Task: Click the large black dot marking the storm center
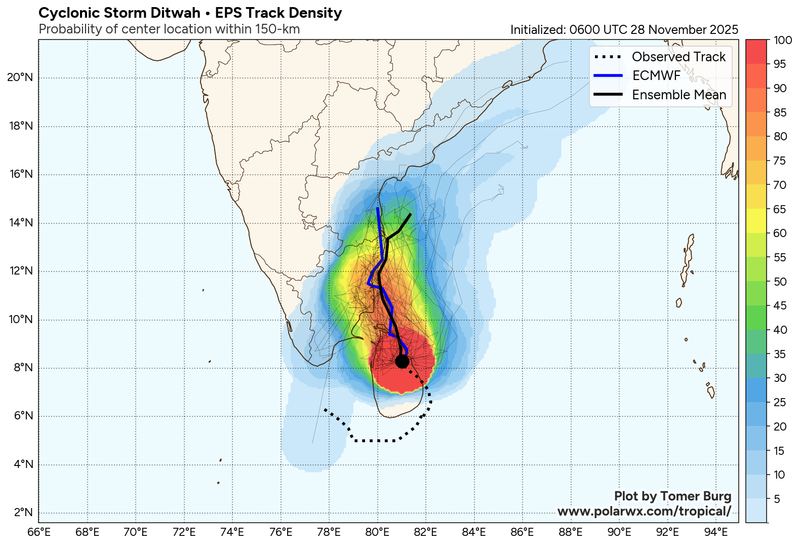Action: point(402,361)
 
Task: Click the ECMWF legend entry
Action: point(656,76)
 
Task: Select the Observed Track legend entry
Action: point(678,57)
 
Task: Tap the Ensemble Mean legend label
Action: point(679,95)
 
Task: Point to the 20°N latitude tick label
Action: point(20,77)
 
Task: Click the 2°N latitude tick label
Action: point(23,513)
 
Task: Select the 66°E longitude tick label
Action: point(38,532)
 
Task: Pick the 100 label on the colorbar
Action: point(783,41)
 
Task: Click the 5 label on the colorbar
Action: point(777,499)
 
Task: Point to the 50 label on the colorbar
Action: point(780,282)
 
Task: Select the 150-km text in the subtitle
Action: point(277,29)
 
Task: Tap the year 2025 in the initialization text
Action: point(724,30)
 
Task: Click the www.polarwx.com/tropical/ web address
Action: point(644,512)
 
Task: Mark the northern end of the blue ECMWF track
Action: point(378,208)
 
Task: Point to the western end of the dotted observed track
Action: point(325,409)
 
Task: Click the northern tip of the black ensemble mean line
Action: point(410,215)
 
